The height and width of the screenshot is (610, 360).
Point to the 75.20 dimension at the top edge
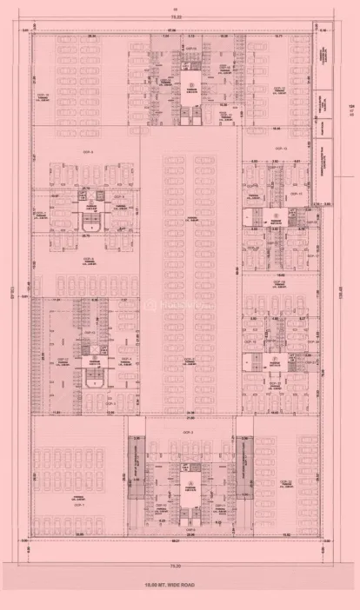177,16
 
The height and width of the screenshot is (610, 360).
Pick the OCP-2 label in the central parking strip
188,359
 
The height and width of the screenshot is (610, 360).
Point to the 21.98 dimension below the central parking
189,413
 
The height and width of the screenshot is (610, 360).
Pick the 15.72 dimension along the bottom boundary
288,534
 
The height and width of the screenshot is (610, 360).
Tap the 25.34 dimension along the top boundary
91,36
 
